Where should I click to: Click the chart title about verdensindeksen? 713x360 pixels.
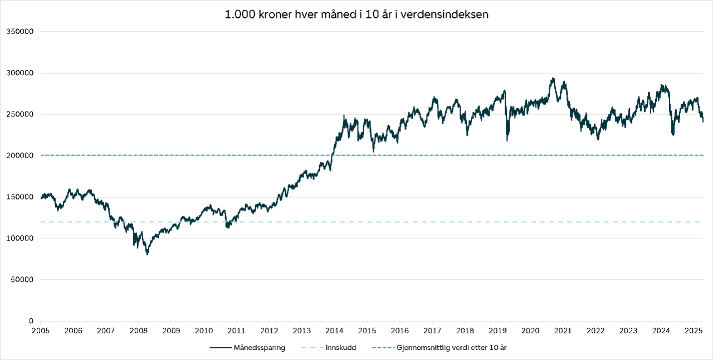pyautogui.click(x=356, y=15)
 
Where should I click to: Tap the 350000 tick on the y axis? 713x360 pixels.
pyautogui.click(x=20, y=32)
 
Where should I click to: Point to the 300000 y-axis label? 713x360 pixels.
pyautogui.click(x=20, y=73)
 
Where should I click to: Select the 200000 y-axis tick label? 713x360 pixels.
pyautogui.click(x=20, y=155)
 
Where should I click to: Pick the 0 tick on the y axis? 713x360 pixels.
pyautogui.click(x=32, y=321)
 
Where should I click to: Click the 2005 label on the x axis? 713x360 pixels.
pyautogui.click(x=41, y=330)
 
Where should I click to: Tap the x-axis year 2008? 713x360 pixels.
pyautogui.click(x=139, y=330)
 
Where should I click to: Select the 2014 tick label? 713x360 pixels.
pyautogui.click(x=334, y=330)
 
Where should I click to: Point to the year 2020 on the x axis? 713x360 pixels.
pyautogui.click(x=530, y=330)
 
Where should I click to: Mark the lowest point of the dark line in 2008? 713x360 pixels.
pyautogui.click(x=148, y=254)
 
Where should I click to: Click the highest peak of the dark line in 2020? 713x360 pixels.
pyautogui.click(x=553, y=79)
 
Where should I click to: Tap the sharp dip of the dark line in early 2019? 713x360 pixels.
pyautogui.click(x=507, y=139)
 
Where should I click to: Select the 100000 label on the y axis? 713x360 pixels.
pyautogui.click(x=20, y=239)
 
